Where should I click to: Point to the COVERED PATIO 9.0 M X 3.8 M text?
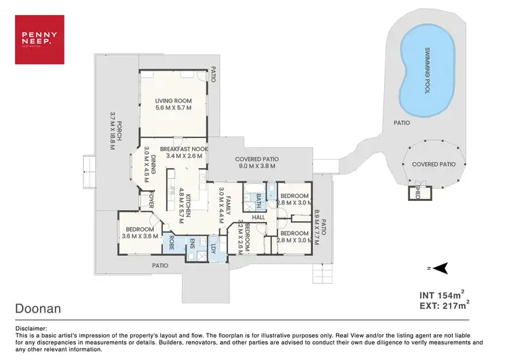pyautogui.click(x=257, y=160)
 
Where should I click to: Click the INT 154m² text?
pyautogui.click(x=442, y=295)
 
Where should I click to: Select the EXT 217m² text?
pyautogui.click(x=442, y=306)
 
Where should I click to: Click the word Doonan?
pyautogui.click(x=38, y=308)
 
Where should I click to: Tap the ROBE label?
pyautogui.click(x=172, y=242)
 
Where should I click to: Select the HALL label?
pyautogui.click(x=259, y=217)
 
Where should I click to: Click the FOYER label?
pyautogui.click(x=152, y=201)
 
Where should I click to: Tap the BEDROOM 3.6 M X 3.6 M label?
pyautogui.click(x=140, y=233)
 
